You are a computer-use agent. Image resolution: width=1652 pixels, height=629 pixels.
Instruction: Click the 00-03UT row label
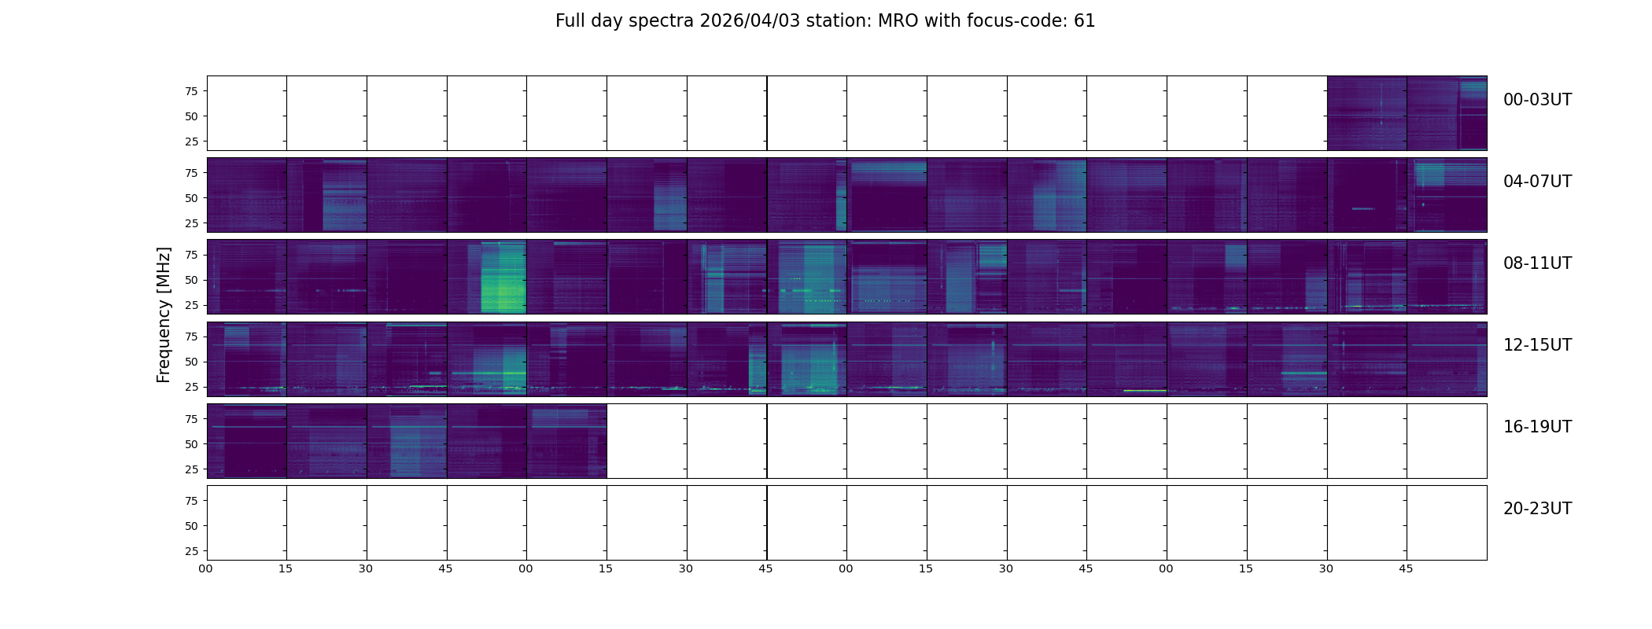point(1537,100)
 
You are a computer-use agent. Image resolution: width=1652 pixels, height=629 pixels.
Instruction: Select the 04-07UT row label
point(1537,182)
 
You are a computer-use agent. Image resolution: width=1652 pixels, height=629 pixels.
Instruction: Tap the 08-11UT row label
point(1537,263)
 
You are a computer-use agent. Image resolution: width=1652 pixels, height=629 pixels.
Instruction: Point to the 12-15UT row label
point(1537,345)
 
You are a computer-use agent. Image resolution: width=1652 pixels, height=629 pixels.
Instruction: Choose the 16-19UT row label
point(1537,427)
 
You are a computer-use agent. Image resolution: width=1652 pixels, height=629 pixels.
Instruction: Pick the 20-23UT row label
point(1537,509)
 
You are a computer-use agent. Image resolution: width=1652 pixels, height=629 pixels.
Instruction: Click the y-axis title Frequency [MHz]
point(164,314)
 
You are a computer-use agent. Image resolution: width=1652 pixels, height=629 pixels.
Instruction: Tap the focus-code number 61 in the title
point(1084,21)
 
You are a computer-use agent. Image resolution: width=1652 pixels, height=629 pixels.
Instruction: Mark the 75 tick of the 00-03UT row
point(191,91)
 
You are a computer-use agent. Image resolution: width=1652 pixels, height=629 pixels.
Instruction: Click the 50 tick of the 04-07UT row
point(191,198)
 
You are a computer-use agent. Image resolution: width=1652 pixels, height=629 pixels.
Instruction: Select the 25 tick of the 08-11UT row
point(191,305)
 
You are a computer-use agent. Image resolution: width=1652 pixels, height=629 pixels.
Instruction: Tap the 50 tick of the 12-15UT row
point(191,362)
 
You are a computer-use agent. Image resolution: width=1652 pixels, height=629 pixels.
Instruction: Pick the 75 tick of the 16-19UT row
point(191,419)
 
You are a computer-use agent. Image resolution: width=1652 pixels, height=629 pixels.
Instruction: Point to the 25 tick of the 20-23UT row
point(191,551)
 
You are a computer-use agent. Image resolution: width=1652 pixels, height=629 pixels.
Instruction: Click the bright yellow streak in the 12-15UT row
point(1145,390)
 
